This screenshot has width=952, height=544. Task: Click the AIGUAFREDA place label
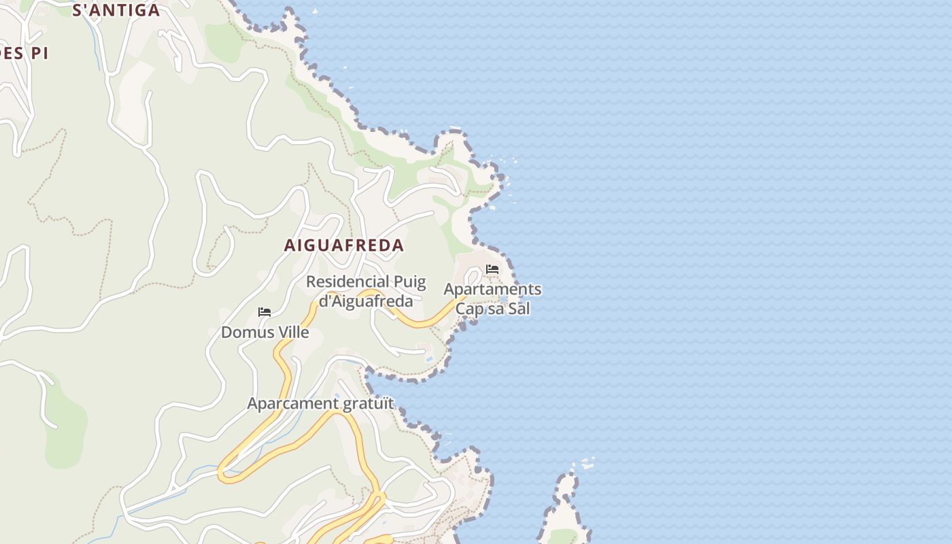pos(343,245)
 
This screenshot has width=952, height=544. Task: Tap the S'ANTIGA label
pos(116,10)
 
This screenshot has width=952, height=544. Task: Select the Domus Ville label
pos(265,333)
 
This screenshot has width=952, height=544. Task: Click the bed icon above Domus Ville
pos(265,312)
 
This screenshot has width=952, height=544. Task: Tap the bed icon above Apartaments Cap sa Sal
pos(492,269)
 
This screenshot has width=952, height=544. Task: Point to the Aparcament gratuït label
pos(320,403)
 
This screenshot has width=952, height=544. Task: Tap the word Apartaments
pos(492,289)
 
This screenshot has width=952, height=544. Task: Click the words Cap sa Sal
pos(492,308)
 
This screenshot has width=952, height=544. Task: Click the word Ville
pos(292,333)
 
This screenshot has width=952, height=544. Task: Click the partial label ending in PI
pos(24,54)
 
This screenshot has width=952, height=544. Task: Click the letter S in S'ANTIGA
pos(77,10)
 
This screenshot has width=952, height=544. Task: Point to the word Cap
pos(468,308)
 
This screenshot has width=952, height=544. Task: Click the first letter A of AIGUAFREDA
pos(290,245)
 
